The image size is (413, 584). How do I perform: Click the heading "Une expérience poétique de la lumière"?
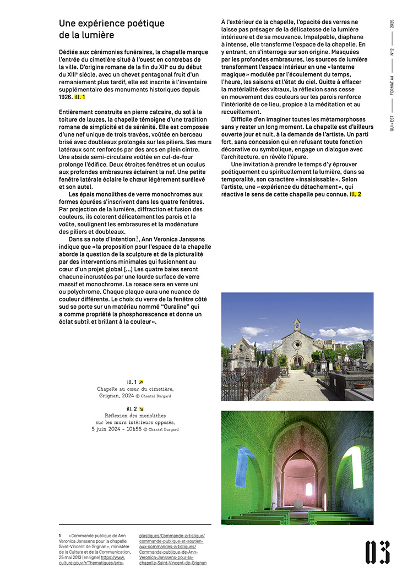point(112,29)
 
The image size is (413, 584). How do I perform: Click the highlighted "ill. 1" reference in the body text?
point(80,97)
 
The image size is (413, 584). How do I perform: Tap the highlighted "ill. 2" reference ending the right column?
point(355,194)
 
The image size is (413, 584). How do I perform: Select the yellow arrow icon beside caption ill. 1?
point(141,382)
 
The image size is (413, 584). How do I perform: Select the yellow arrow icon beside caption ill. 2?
point(141,408)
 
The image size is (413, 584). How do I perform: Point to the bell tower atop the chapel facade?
point(297,324)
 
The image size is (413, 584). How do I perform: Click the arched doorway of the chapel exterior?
point(297,361)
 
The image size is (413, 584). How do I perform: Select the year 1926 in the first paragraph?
point(66,97)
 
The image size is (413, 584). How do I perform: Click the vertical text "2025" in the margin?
point(392,24)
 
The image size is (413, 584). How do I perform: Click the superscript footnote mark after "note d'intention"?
point(136,238)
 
